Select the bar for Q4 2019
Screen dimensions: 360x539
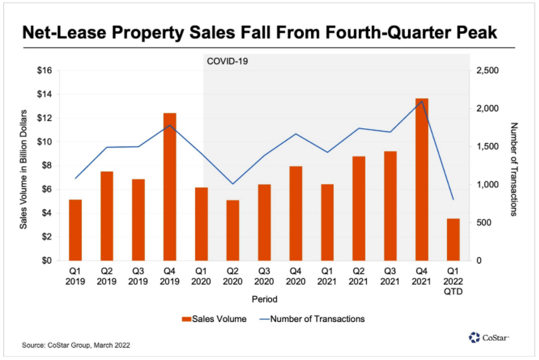coord(170,186)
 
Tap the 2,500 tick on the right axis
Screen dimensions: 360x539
coord(488,71)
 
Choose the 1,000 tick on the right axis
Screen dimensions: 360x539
coord(488,185)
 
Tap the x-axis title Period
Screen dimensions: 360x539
coord(264,300)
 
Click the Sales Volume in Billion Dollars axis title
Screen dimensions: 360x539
coord(23,166)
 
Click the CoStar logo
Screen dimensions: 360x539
coord(490,337)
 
